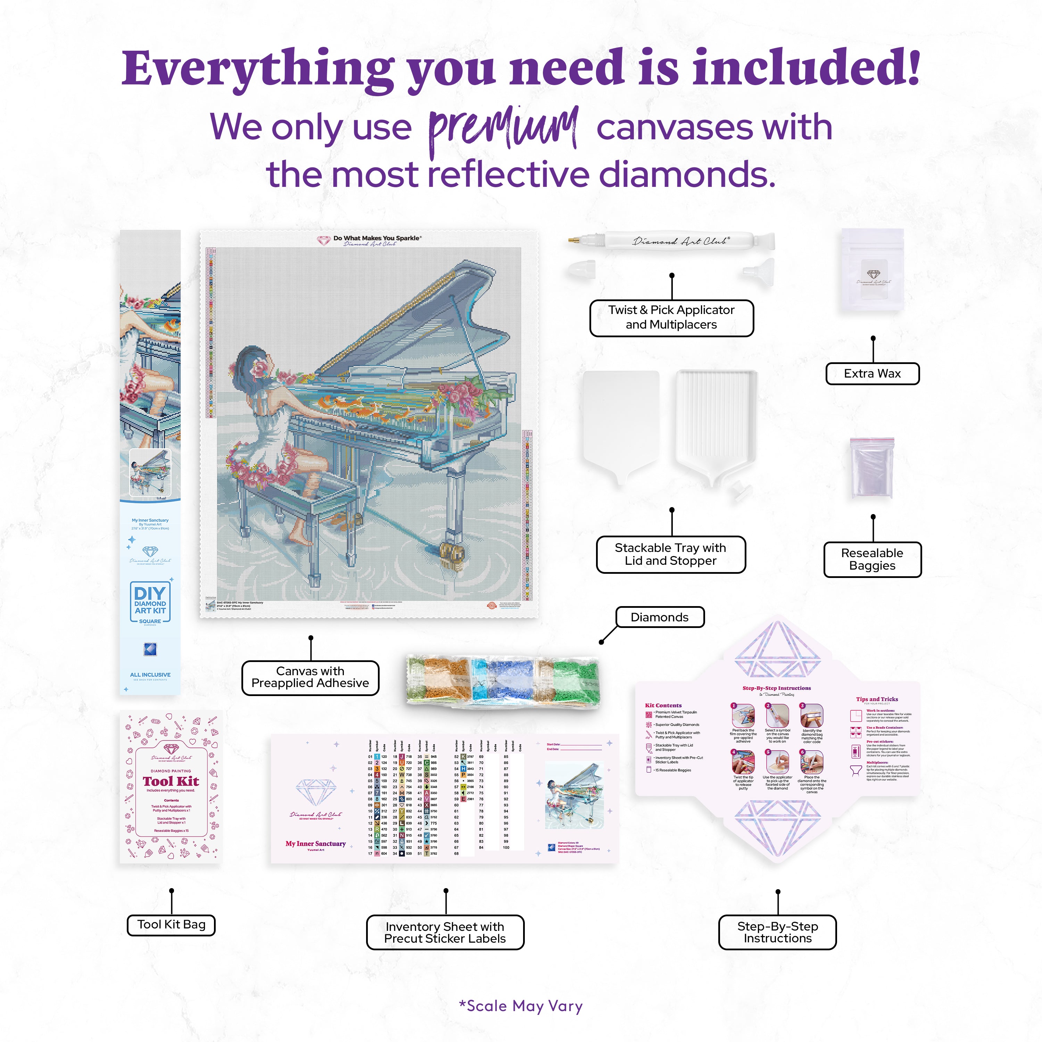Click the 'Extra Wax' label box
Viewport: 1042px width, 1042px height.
[x=872, y=374]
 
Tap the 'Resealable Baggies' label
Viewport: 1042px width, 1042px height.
[x=872, y=559]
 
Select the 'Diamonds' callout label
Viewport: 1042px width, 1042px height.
[x=660, y=617]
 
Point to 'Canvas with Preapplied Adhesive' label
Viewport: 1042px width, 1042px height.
[x=310, y=677]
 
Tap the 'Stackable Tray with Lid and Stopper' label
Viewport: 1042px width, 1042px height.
[x=670, y=554]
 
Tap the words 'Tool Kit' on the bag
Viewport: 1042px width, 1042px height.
[x=171, y=781]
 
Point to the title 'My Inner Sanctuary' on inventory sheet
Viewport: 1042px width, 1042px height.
[x=315, y=844]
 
